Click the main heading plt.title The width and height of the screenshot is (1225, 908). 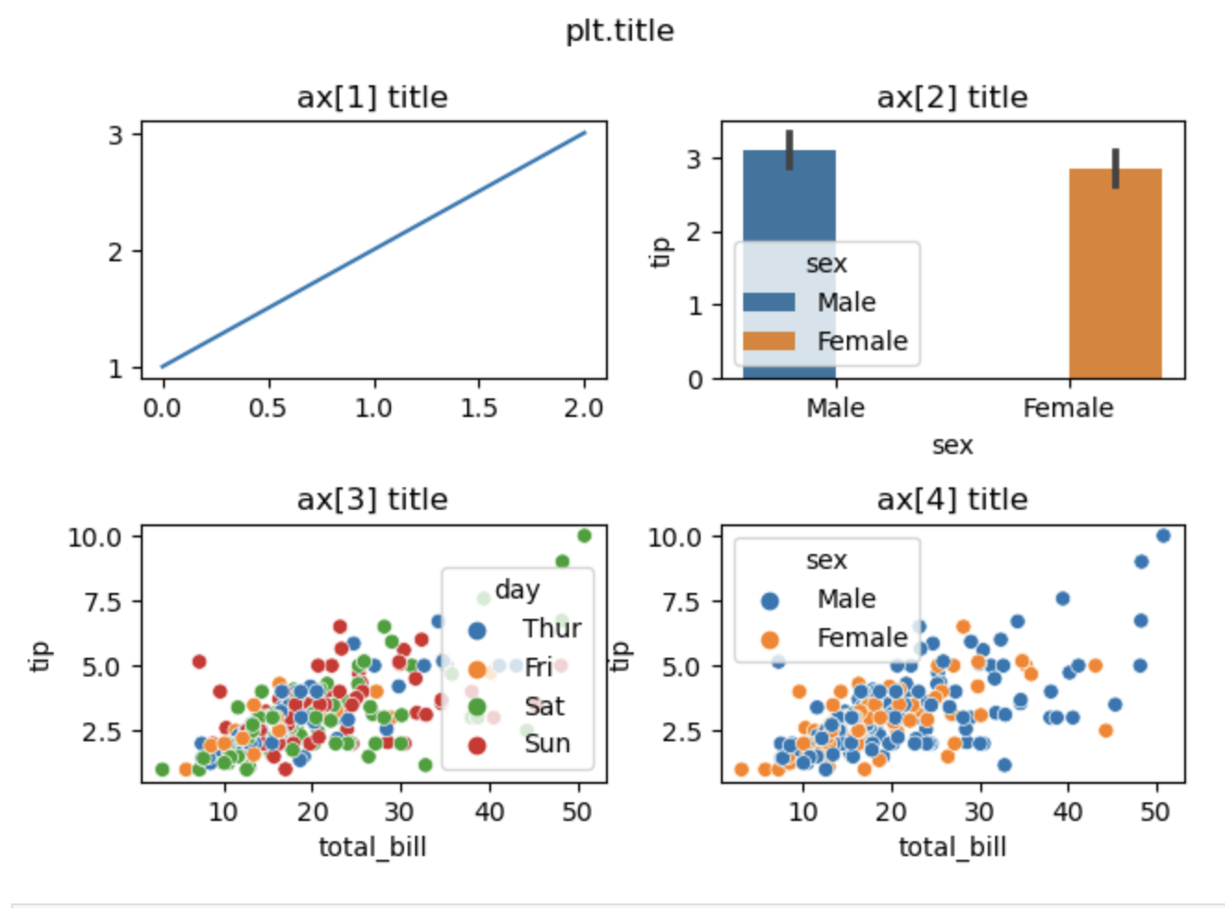[x=619, y=31]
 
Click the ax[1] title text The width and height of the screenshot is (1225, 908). [x=372, y=97]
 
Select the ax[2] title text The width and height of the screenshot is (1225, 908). [x=952, y=97]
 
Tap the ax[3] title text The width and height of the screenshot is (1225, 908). [x=372, y=499]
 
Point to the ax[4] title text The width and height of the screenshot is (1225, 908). [x=952, y=499]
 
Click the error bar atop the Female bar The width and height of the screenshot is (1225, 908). [x=1116, y=168]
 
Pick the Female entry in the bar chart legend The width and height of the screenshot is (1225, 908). [x=861, y=341]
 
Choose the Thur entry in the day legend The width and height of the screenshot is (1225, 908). [x=550, y=628]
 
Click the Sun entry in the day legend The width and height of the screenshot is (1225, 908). [x=547, y=743]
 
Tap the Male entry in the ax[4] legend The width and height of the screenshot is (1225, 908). [x=845, y=599]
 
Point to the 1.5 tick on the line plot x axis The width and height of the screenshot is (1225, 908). [x=478, y=408]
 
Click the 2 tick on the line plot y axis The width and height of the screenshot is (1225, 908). [x=115, y=251]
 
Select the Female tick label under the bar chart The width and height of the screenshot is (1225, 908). [x=1067, y=408]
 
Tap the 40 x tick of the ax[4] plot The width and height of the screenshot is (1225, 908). [x=1067, y=812]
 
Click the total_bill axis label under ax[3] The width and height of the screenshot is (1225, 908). [x=372, y=846]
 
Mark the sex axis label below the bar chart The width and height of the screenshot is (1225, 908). [x=952, y=445]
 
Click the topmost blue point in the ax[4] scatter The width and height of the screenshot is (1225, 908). [x=1163, y=536]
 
